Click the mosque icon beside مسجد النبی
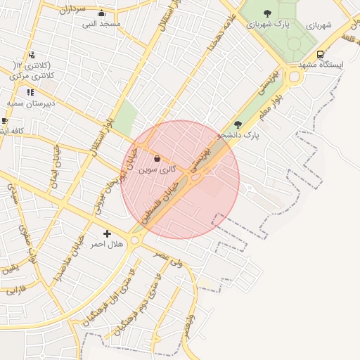pyautogui.click(x=101, y=13)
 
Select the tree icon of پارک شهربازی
pyautogui.click(x=267, y=13)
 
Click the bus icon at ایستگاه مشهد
pyautogui.click(x=321, y=54)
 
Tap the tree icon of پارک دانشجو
pyautogui.click(x=238, y=124)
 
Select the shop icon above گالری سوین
pyautogui.click(x=156, y=160)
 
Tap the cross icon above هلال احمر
pyautogui.click(x=107, y=233)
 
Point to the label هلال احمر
pyautogui.click(x=107, y=244)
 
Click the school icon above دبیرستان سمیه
pyautogui.click(x=30, y=92)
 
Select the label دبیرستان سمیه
pyautogui.click(x=31, y=103)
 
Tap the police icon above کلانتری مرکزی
pyautogui.click(x=31, y=56)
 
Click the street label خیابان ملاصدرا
pyautogui.click(x=67, y=260)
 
